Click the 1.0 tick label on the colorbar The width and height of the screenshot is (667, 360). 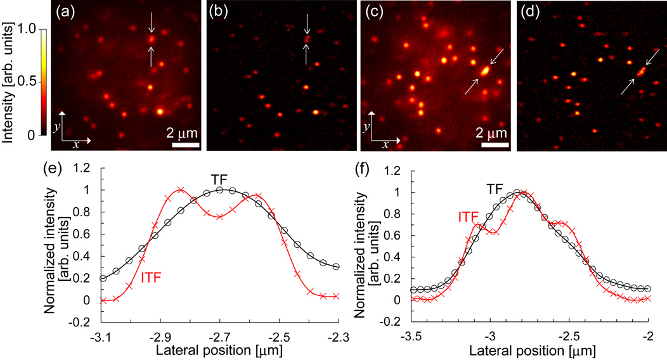25,29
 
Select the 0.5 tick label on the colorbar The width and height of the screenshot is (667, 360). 25,82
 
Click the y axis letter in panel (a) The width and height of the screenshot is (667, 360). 56,127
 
